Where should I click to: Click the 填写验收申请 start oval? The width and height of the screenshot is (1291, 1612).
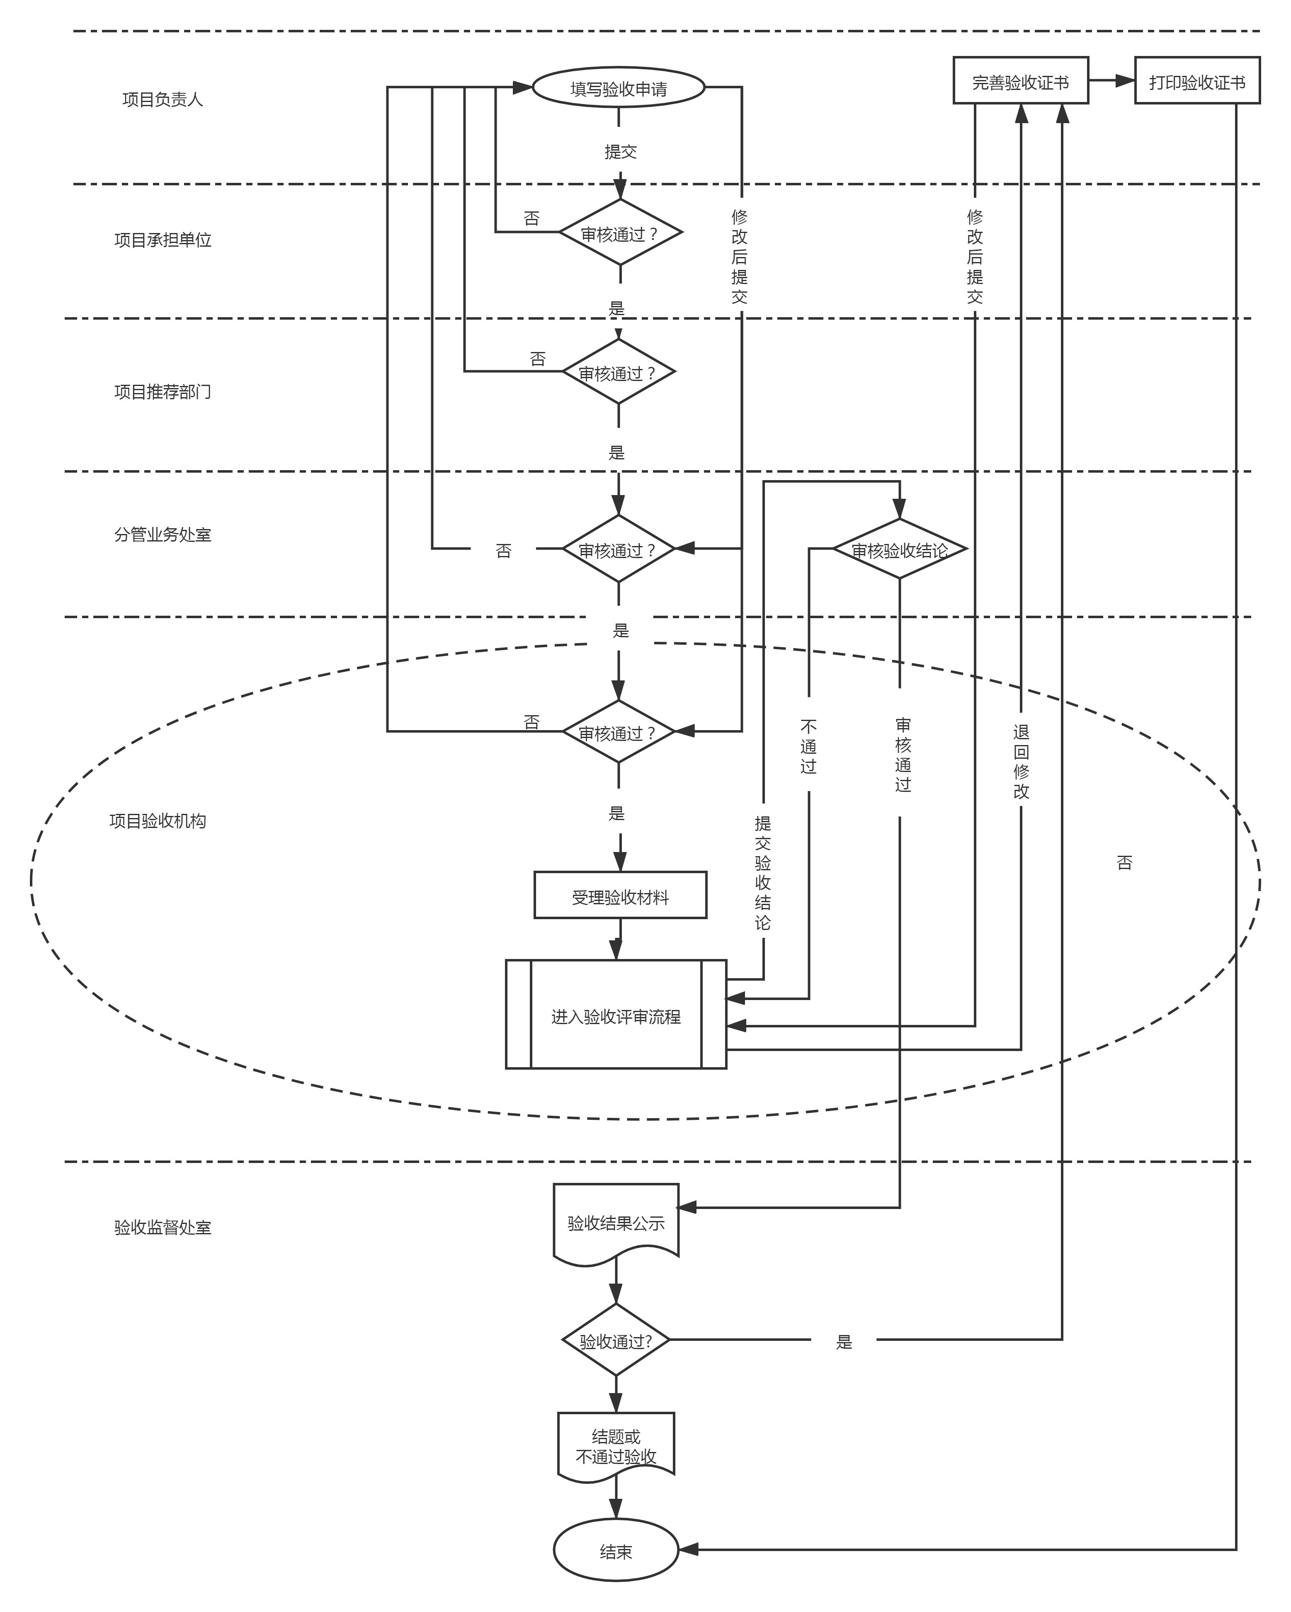(618, 88)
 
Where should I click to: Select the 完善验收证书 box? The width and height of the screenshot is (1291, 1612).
(1020, 81)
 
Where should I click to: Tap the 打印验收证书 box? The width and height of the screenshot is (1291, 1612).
(1197, 81)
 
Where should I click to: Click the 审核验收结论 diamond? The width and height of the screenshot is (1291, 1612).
(899, 549)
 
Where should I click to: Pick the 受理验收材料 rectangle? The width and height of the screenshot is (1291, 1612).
(620, 896)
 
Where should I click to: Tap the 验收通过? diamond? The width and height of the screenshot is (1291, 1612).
(615, 1340)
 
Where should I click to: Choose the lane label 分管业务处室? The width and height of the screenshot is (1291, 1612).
(162, 534)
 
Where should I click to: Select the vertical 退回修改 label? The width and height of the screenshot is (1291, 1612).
(1021, 761)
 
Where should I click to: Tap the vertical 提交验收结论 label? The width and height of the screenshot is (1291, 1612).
(762, 872)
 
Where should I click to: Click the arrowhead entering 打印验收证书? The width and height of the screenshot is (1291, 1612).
(1126, 81)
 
